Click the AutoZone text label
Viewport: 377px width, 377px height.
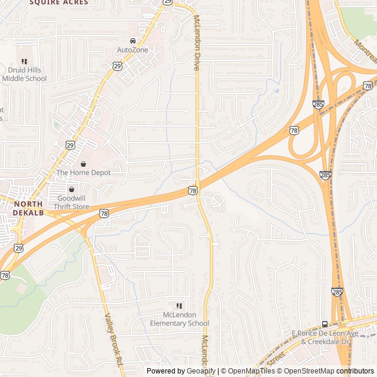coord(133,50)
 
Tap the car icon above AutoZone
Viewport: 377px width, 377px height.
coord(133,41)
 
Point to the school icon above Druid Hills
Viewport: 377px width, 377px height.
coord(24,61)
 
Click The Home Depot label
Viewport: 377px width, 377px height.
coord(83,173)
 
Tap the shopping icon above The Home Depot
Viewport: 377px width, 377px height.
coord(83,163)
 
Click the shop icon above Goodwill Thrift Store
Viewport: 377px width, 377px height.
coord(71,190)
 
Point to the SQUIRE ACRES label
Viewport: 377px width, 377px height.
coord(58,2)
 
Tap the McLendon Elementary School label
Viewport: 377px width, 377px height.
coord(179,319)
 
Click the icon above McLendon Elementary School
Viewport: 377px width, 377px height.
coord(179,306)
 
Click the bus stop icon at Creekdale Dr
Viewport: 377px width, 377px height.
coord(325,324)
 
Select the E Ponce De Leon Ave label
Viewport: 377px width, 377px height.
coord(325,333)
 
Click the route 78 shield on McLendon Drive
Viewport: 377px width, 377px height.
coord(193,190)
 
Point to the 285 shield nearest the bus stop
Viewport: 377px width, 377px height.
coord(336,292)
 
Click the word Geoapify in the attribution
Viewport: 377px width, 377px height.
coord(202,371)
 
